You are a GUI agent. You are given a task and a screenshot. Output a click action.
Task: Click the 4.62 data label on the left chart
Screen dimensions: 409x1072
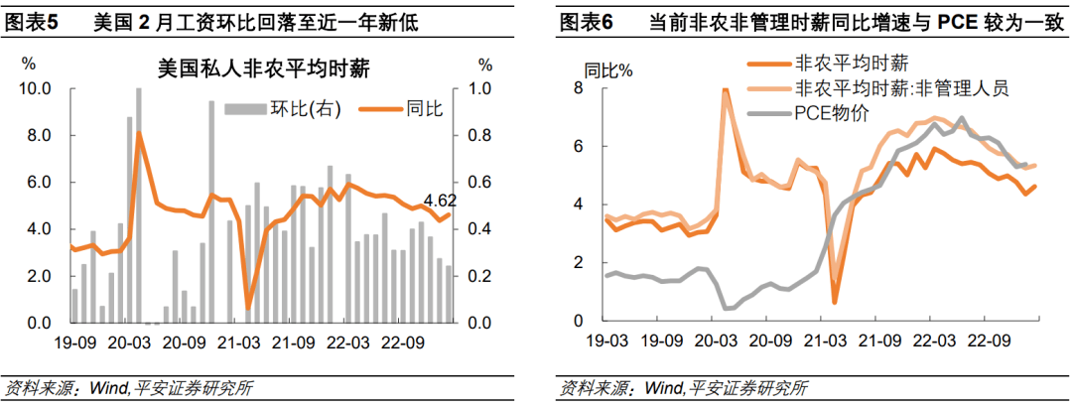click(440, 203)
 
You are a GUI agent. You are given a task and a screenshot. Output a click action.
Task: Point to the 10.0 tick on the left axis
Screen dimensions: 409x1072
click(36, 88)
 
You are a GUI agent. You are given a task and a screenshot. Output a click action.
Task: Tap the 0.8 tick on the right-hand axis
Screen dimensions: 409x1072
click(478, 135)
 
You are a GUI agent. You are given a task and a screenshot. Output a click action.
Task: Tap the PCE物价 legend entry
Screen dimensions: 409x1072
click(831, 112)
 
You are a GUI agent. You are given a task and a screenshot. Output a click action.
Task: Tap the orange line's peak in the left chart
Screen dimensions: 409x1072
click(139, 133)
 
